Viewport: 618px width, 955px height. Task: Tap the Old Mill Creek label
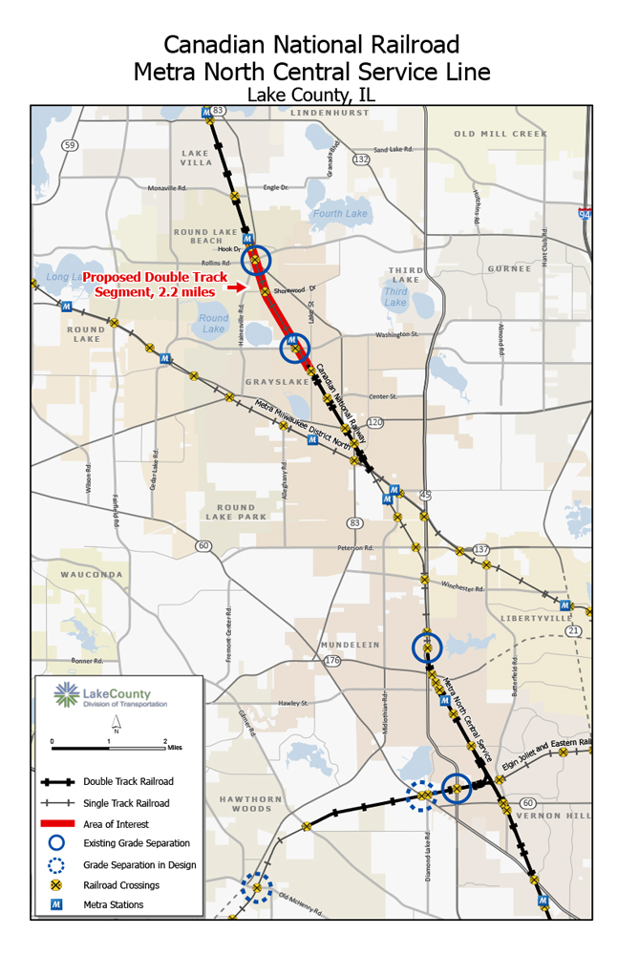(501, 134)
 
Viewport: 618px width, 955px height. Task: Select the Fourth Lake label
(340, 214)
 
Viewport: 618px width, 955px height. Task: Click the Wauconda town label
(92, 575)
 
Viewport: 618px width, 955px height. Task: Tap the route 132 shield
(361, 159)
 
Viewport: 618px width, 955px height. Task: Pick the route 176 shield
(331, 661)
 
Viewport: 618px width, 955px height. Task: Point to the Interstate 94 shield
(584, 213)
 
